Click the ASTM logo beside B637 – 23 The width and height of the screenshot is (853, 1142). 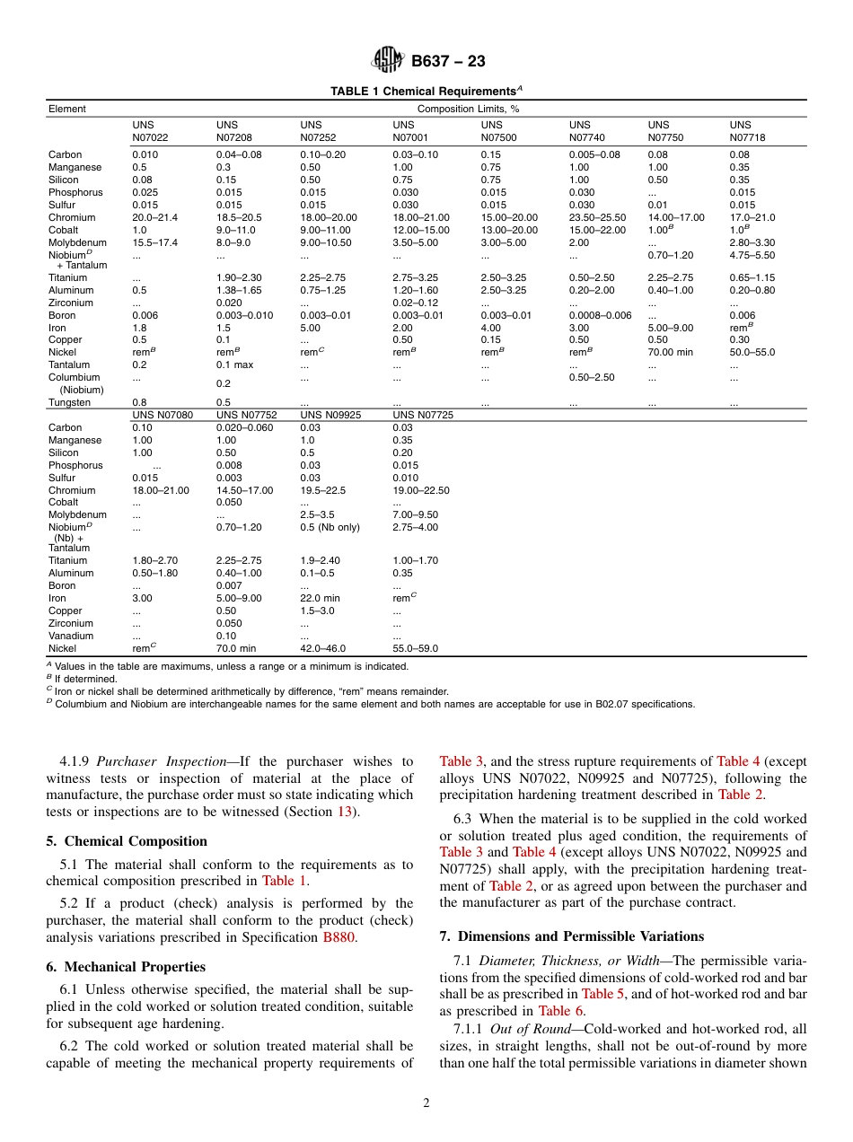click(x=388, y=61)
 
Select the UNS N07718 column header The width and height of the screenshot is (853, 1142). click(x=747, y=131)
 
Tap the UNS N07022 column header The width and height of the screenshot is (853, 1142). click(x=150, y=131)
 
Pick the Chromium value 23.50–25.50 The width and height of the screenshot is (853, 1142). click(x=597, y=217)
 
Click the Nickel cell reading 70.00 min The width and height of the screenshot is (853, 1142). click(x=670, y=353)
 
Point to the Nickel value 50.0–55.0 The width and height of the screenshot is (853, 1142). click(x=752, y=353)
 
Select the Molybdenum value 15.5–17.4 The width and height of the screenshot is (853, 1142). click(x=155, y=242)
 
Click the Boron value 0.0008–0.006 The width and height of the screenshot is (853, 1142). click(x=600, y=315)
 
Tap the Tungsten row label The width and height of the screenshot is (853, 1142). click(x=69, y=402)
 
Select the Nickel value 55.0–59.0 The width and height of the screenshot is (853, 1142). click(x=416, y=648)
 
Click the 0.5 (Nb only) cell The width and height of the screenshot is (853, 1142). click(x=330, y=527)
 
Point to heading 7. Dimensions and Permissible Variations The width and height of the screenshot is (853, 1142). click(x=572, y=936)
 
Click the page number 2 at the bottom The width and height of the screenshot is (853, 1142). click(x=426, y=1102)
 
